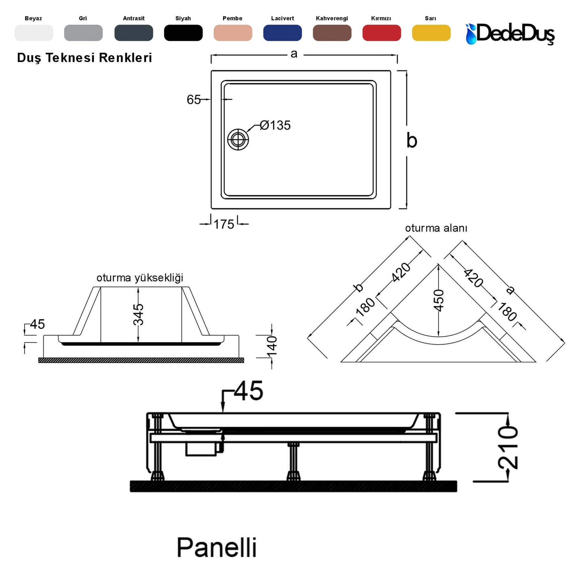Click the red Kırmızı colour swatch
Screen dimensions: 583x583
click(381, 33)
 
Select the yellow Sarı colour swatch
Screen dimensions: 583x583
click(431, 33)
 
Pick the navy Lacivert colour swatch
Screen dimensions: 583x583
click(282, 33)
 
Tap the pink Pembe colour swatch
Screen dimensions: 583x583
click(233, 33)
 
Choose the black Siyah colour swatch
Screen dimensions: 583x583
click(183, 33)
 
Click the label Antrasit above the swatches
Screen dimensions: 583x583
click(134, 19)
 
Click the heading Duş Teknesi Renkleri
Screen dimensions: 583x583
click(84, 58)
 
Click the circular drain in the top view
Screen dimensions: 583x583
click(238, 140)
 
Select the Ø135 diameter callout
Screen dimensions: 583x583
click(275, 125)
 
